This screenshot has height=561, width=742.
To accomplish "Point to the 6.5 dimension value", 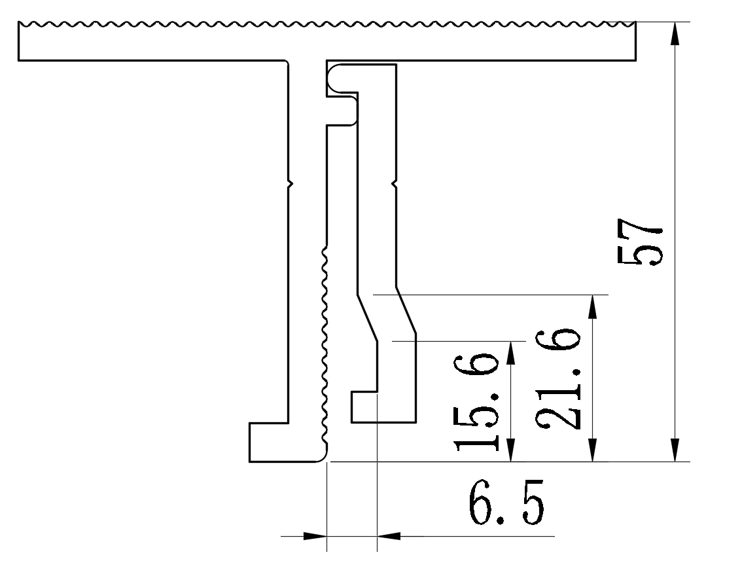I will (x=506, y=503).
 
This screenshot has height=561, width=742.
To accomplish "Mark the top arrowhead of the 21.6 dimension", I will (x=593, y=306).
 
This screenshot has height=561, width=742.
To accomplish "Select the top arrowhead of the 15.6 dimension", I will (x=511, y=352).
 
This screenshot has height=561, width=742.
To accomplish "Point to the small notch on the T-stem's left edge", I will (x=290, y=185).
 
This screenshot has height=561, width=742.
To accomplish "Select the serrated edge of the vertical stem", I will (x=325, y=347).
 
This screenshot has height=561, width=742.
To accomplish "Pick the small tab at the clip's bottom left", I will (x=364, y=407).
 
